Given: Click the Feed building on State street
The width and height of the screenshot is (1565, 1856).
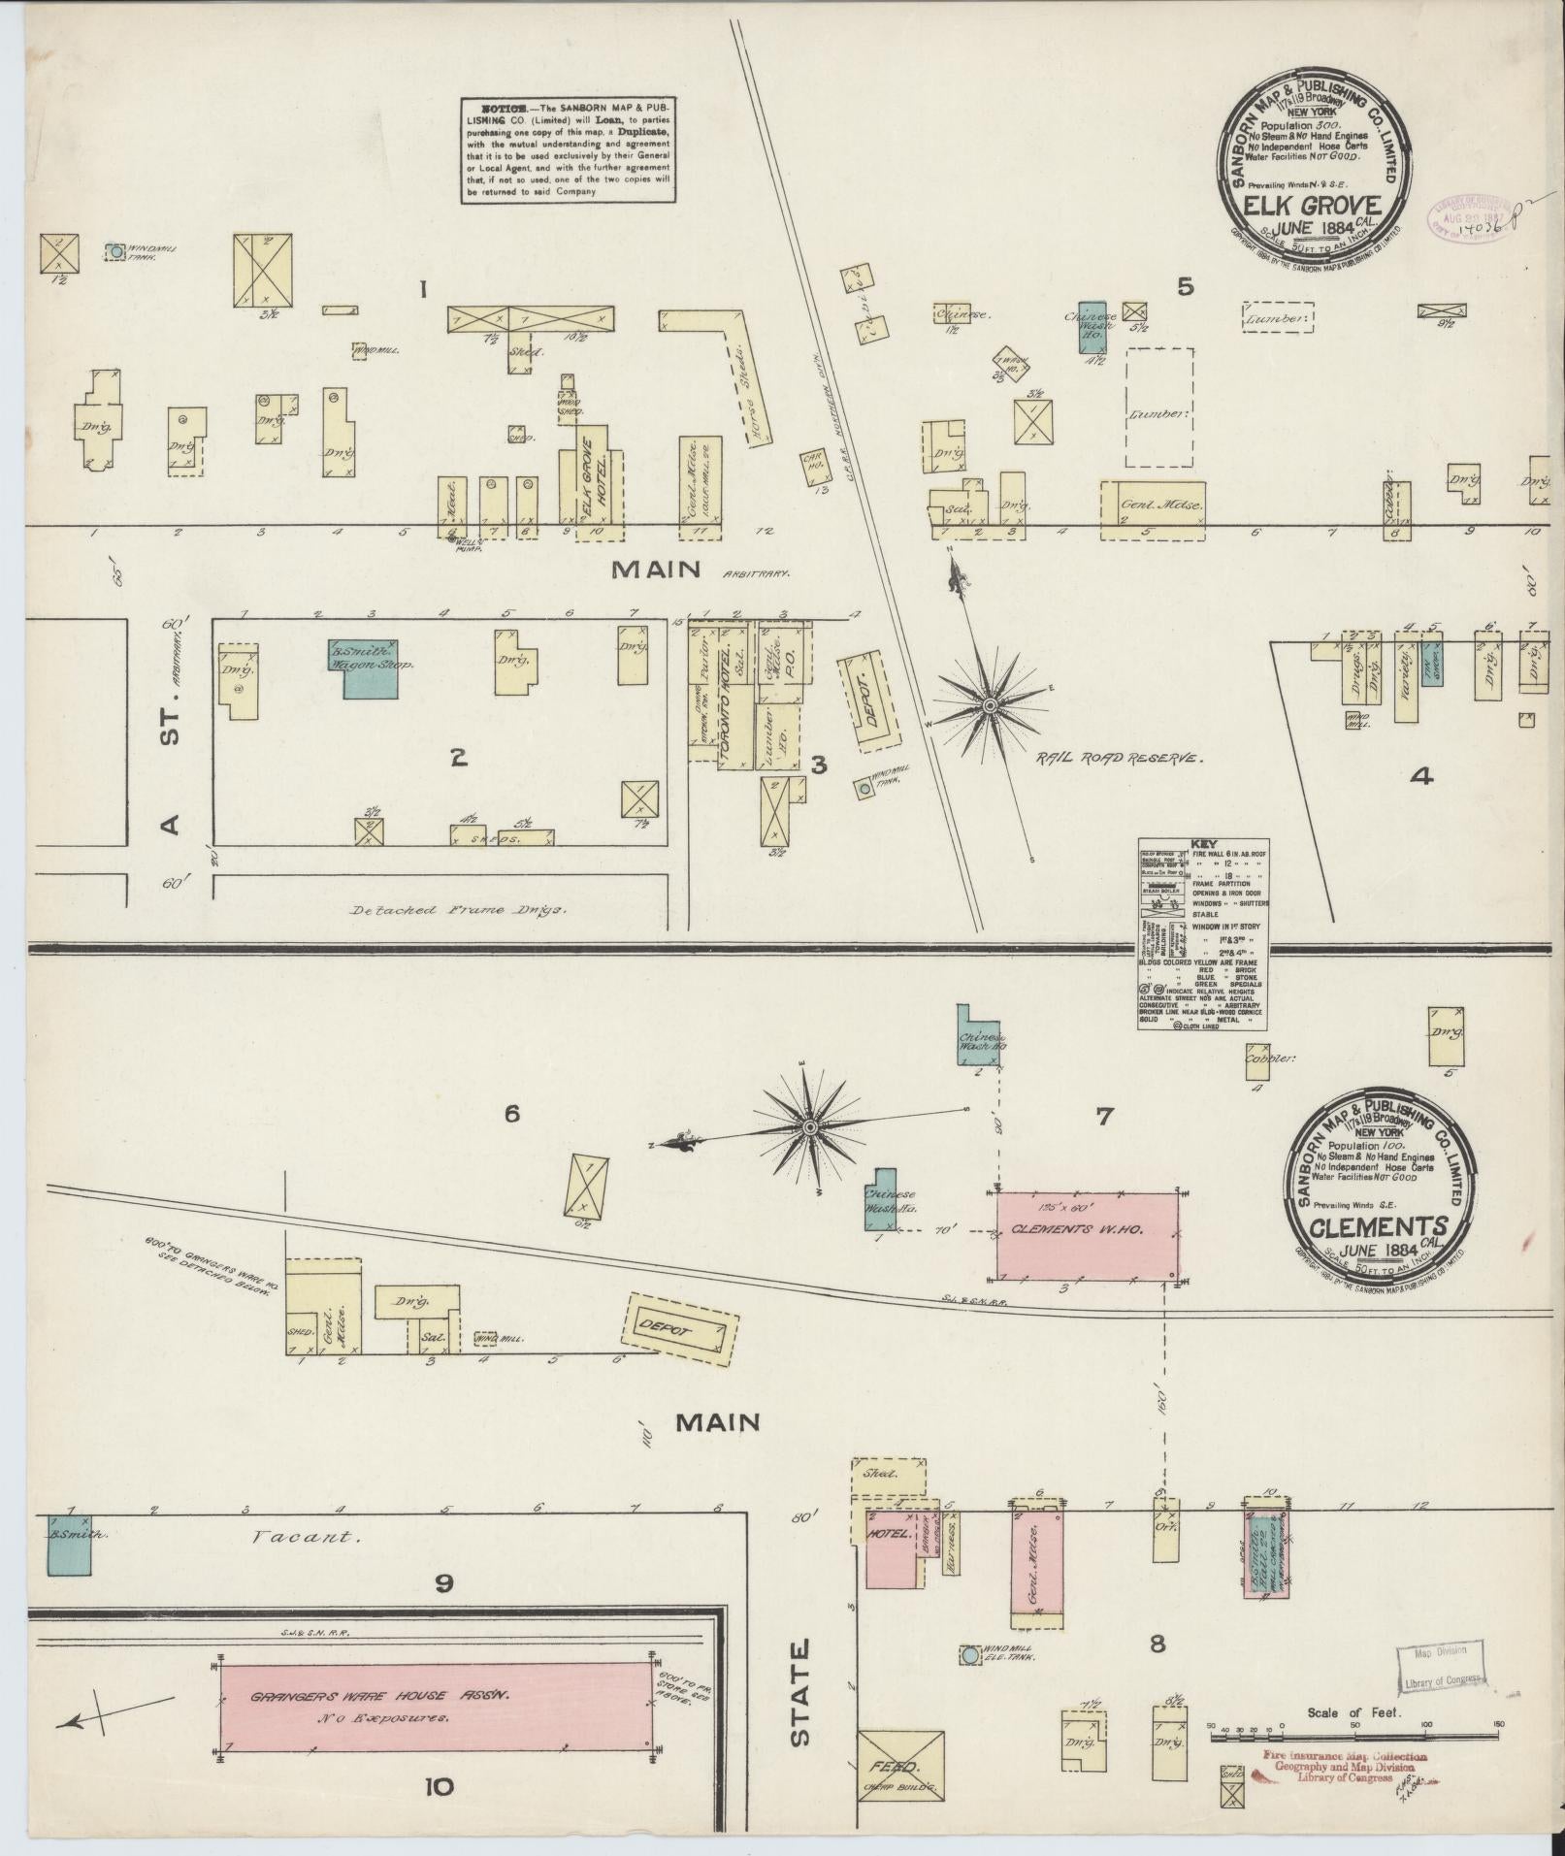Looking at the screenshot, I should point(899,1766).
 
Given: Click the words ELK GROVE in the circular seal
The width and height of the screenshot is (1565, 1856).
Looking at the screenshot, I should point(1313,205).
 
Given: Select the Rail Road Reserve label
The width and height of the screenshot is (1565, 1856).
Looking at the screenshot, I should point(1119,759).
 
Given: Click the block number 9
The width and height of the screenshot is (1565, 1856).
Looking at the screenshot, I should point(444,1584).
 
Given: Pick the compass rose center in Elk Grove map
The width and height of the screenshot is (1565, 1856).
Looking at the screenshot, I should point(989,703).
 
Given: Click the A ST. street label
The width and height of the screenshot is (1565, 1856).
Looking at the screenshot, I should point(171,765).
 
